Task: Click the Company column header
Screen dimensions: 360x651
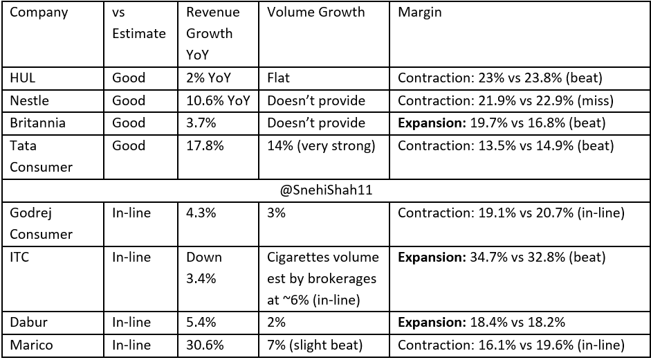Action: click(38, 12)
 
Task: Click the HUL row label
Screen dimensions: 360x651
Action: click(23, 78)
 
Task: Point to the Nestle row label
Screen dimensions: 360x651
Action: click(29, 100)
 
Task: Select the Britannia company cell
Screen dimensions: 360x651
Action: click(37, 123)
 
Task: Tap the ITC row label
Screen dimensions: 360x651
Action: click(20, 258)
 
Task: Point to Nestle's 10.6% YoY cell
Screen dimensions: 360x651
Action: click(217, 100)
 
